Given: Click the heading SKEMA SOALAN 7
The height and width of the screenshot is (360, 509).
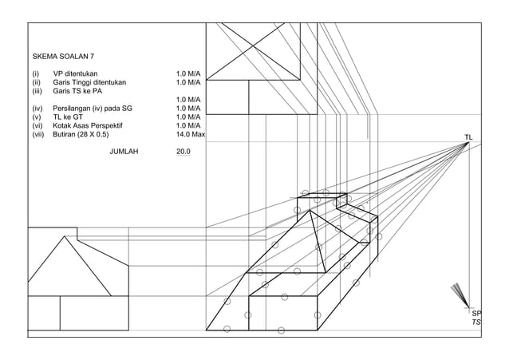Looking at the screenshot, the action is coord(63,57).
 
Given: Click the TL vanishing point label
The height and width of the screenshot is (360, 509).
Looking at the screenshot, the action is coord(468,137).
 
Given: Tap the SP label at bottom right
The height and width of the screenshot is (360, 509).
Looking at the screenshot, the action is coord(476,314).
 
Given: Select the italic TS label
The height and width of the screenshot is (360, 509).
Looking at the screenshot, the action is coord(476,322).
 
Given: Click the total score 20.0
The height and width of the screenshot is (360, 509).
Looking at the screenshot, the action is coord(183,152).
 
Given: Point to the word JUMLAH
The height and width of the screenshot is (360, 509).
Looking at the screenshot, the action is coord(124,152).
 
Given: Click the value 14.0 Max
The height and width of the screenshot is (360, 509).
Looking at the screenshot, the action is coord(191,134).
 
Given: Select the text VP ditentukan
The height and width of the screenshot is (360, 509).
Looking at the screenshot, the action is coord(75,73).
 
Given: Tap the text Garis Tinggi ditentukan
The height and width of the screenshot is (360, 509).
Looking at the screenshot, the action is coord(89,82).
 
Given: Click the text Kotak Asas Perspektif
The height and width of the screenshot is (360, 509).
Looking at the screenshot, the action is coord(88,126).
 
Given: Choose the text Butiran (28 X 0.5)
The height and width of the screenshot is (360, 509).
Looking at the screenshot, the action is coord(81,135).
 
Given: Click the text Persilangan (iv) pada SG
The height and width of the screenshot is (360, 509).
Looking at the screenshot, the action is coord(93,109).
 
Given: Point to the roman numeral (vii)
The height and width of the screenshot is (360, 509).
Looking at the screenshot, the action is coord(38,135).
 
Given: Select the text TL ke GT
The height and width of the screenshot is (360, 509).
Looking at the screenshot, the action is coord(68,117).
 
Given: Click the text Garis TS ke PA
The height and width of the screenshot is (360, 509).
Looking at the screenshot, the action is coord(77,91).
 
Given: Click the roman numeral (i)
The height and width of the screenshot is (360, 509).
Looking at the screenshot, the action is coord(35,73).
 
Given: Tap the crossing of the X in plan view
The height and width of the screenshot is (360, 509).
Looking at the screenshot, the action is coord(254,50).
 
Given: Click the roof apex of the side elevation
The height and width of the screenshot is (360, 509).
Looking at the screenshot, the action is coord(65,236).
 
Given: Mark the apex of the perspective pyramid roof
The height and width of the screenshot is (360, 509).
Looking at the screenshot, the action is coord(310,211).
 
